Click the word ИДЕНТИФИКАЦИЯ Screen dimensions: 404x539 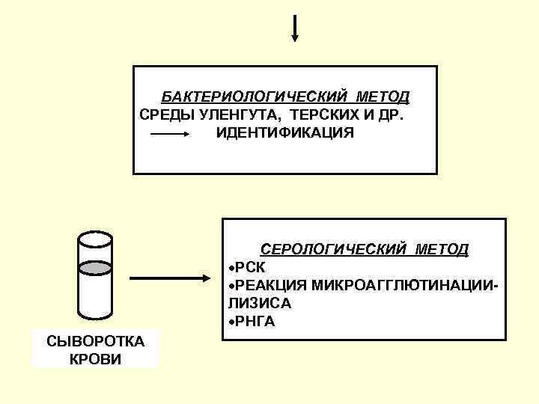click(x=285, y=133)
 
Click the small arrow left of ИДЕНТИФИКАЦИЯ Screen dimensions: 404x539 click(x=171, y=134)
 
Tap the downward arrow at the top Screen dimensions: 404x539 click(x=295, y=27)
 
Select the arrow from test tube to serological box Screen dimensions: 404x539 click(x=172, y=278)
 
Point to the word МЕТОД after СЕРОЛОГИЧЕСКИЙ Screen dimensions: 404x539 click(x=442, y=249)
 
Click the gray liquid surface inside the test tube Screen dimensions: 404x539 click(x=95, y=267)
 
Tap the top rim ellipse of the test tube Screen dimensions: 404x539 click(x=95, y=239)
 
